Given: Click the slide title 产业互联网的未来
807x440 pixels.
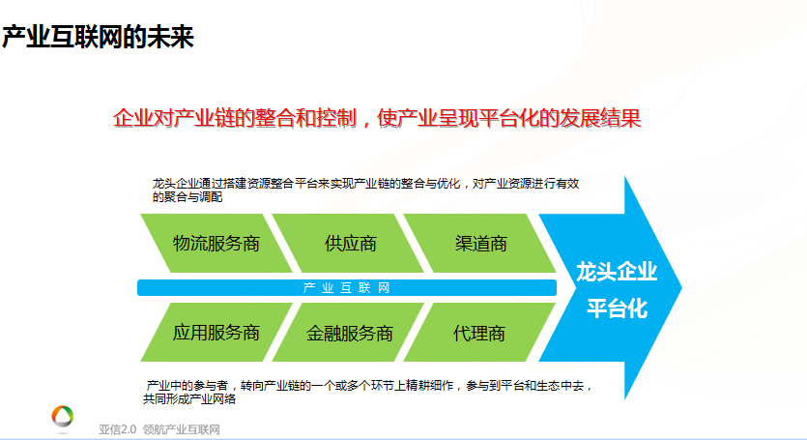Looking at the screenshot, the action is (98, 37).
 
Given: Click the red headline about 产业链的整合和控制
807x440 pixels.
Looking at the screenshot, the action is (377, 118).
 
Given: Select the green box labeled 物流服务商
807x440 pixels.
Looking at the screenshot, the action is (216, 243).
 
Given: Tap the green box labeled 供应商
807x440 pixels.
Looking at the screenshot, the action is (348, 243).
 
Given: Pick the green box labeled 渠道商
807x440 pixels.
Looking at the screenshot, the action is (479, 243).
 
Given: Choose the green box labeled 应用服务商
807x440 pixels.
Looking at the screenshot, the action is (216, 333).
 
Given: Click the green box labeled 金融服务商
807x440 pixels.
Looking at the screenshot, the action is (348, 333).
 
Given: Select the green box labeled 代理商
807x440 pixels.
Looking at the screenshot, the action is (479, 333).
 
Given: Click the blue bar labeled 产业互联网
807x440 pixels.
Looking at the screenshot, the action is (347, 287).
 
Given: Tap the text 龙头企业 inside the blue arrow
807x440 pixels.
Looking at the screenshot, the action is (617, 272).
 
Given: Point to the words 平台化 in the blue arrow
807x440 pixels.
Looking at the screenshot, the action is (617, 308).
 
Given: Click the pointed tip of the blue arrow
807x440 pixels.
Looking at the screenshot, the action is (682, 287).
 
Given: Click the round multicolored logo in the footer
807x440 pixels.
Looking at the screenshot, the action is (63, 417).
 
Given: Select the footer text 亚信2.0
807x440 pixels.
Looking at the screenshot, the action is (117, 429).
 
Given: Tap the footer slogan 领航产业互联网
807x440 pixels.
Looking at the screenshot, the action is (182, 429).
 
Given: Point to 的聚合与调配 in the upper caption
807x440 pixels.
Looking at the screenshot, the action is (187, 197).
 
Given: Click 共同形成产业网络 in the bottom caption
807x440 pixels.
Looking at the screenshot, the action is (189, 398).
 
